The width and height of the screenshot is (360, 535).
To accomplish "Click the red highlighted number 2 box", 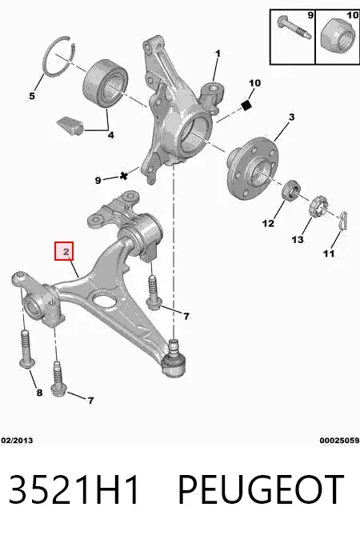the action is click(64, 251).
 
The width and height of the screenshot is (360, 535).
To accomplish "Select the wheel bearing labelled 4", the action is click(106, 84).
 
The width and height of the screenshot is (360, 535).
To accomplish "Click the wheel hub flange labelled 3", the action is click(253, 167).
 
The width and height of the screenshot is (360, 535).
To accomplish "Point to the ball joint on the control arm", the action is click(174, 362).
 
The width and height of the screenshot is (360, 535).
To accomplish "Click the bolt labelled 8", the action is click(26, 349).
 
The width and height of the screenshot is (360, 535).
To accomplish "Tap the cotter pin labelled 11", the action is click(343, 221).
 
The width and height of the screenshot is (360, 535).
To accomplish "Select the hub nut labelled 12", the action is click(290, 190).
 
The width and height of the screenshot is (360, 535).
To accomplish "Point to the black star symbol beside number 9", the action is click(124, 176).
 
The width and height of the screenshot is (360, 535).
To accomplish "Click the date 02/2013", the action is click(17, 441).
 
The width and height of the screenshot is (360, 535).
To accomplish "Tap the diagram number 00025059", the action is click(339, 441).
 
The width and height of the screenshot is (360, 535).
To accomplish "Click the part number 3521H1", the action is click(74, 489).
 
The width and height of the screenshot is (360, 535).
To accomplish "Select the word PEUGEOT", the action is click(261, 489).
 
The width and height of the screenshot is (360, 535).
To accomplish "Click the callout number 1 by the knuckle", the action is click(218, 54).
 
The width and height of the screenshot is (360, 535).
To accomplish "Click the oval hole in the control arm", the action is click(103, 300).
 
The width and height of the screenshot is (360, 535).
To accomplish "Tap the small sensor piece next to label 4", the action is click(70, 126).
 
